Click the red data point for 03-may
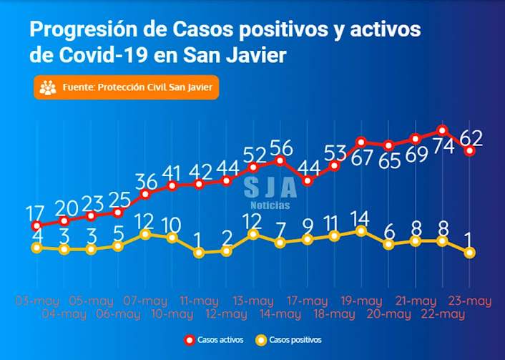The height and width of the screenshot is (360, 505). pyautogui.click(x=37, y=226)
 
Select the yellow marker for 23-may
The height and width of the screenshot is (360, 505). pyautogui.click(x=470, y=253)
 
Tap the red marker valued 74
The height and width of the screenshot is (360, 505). pyautogui.click(x=443, y=130)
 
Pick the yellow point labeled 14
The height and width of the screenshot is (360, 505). pyautogui.click(x=361, y=230)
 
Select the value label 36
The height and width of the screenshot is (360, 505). pyautogui.click(x=146, y=180)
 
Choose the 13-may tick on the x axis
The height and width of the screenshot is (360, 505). pyautogui.click(x=253, y=301)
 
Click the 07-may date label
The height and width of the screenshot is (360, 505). pyautogui.click(x=145, y=301)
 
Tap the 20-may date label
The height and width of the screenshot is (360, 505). pyautogui.click(x=388, y=313)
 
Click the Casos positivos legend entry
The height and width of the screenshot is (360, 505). pyautogui.click(x=290, y=340)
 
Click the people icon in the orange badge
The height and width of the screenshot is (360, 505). pyautogui.click(x=48, y=88)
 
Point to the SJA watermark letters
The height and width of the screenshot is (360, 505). pyautogui.click(x=270, y=188)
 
